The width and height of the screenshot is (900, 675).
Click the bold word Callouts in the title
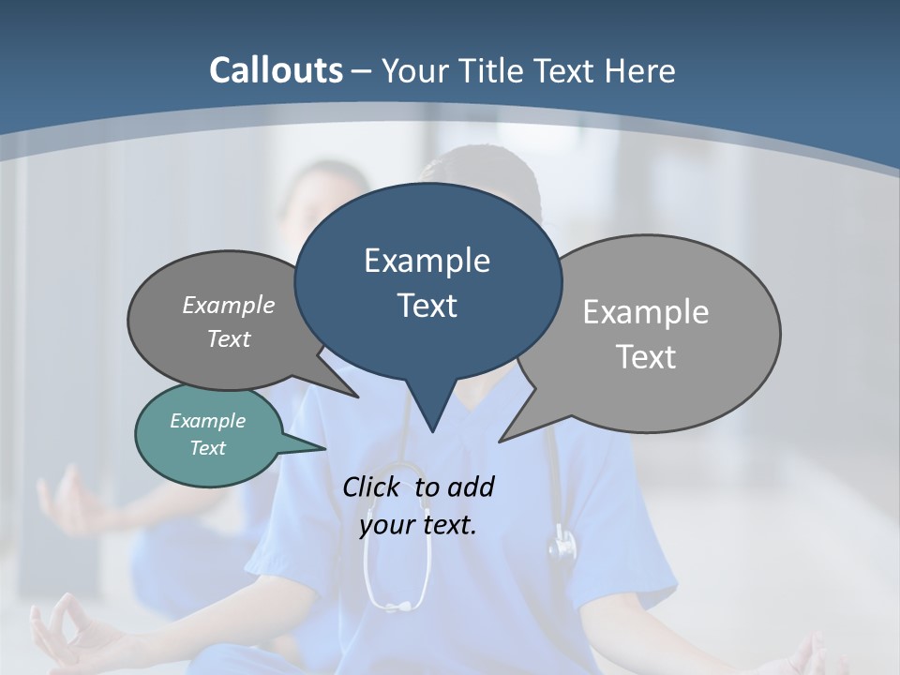coord(276,70)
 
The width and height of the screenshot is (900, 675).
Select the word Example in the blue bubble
coord(427,261)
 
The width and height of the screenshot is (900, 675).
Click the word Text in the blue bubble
coord(427,306)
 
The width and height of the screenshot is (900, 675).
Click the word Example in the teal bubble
coord(207,421)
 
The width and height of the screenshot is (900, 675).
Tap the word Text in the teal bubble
coord(207,448)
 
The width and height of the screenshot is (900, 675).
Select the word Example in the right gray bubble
coord(645,312)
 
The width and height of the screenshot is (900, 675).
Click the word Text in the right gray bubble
coord(645,357)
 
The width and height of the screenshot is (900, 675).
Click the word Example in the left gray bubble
coord(228,306)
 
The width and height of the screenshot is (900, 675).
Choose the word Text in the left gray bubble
coord(228,338)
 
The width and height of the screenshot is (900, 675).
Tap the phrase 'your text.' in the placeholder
coord(417,525)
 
